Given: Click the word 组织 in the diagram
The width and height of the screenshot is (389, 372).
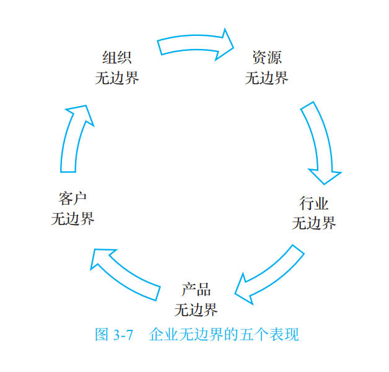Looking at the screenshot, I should pyautogui.click(x=116, y=58).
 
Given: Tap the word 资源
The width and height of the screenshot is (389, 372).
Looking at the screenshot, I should pyautogui.click(x=266, y=58).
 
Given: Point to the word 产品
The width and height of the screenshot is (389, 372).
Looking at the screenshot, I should pyautogui.click(x=196, y=290).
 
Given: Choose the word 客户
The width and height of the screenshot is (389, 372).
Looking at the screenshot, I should pyautogui.click(x=72, y=198).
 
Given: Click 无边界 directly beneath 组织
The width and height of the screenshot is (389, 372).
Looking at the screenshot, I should pyautogui.click(x=116, y=77).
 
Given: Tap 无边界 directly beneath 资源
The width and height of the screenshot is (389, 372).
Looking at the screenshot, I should pyautogui.click(x=266, y=77).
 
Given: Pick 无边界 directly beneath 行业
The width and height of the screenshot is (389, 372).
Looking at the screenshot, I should pyautogui.click(x=313, y=223).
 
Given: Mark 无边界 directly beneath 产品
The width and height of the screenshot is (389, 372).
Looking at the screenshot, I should pyautogui.click(x=196, y=309).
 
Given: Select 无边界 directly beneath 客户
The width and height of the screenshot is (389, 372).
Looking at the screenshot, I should pyautogui.click(x=72, y=218).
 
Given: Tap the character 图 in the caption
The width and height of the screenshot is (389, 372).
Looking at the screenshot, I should pyautogui.click(x=102, y=335).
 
